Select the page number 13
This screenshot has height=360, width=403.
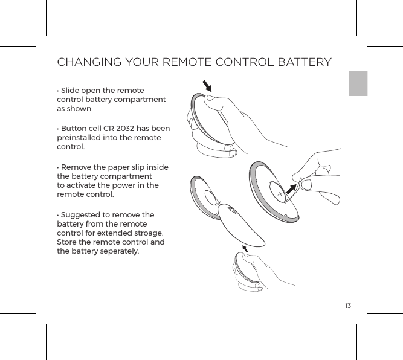pyautogui.click(x=347, y=304)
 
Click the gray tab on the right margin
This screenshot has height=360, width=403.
pyautogui.click(x=358, y=83)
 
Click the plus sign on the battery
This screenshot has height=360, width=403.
pyautogui.click(x=280, y=194)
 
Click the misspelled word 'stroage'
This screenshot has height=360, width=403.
pyautogui.click(x=149, y=233)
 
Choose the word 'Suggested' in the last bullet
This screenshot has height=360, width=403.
pyautogui.click(x=80, y=215)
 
